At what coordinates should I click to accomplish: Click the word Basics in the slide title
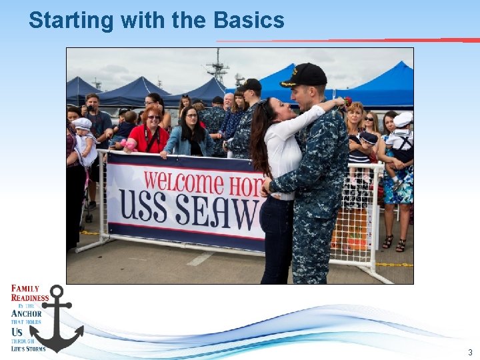[x=249, y=20]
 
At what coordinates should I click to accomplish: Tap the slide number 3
[x=469, y=352]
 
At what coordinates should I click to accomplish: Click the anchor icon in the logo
[x=57, y=319]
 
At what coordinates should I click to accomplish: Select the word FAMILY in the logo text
[x=25, y=289]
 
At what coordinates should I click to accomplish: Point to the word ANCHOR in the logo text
[x=27, y=313]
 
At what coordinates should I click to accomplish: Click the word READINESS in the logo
[x=30, y=298]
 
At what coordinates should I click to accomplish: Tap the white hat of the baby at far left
[x=83, y=123]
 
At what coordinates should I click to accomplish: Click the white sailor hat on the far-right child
[x=402, y=119]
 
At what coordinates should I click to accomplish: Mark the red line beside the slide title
[x=347, y=41]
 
